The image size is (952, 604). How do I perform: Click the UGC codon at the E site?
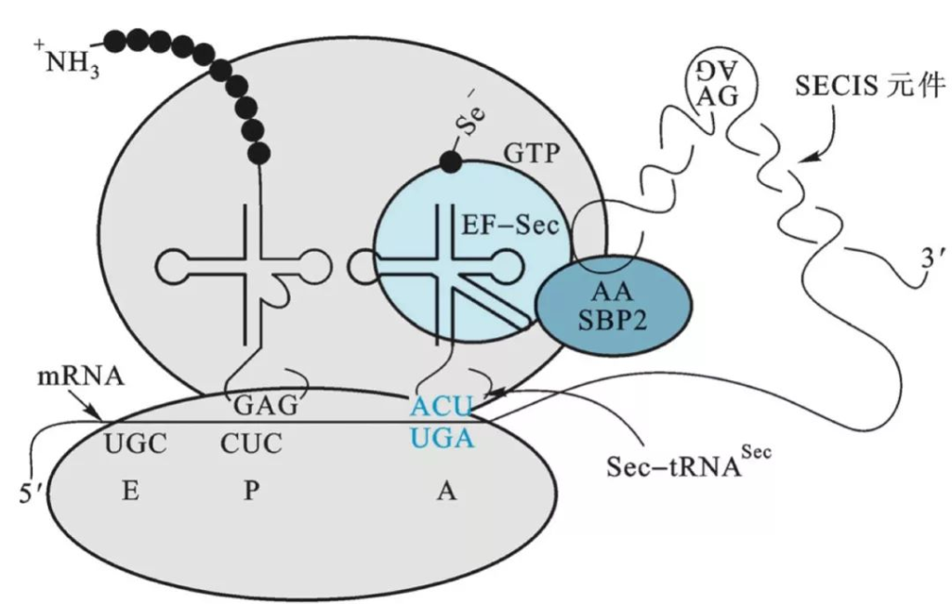coord(136,444)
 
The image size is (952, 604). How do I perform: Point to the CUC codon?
coord(251,444)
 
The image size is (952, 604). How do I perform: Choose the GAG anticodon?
coord(265,406)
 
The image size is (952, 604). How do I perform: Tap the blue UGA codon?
coord(443,436)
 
